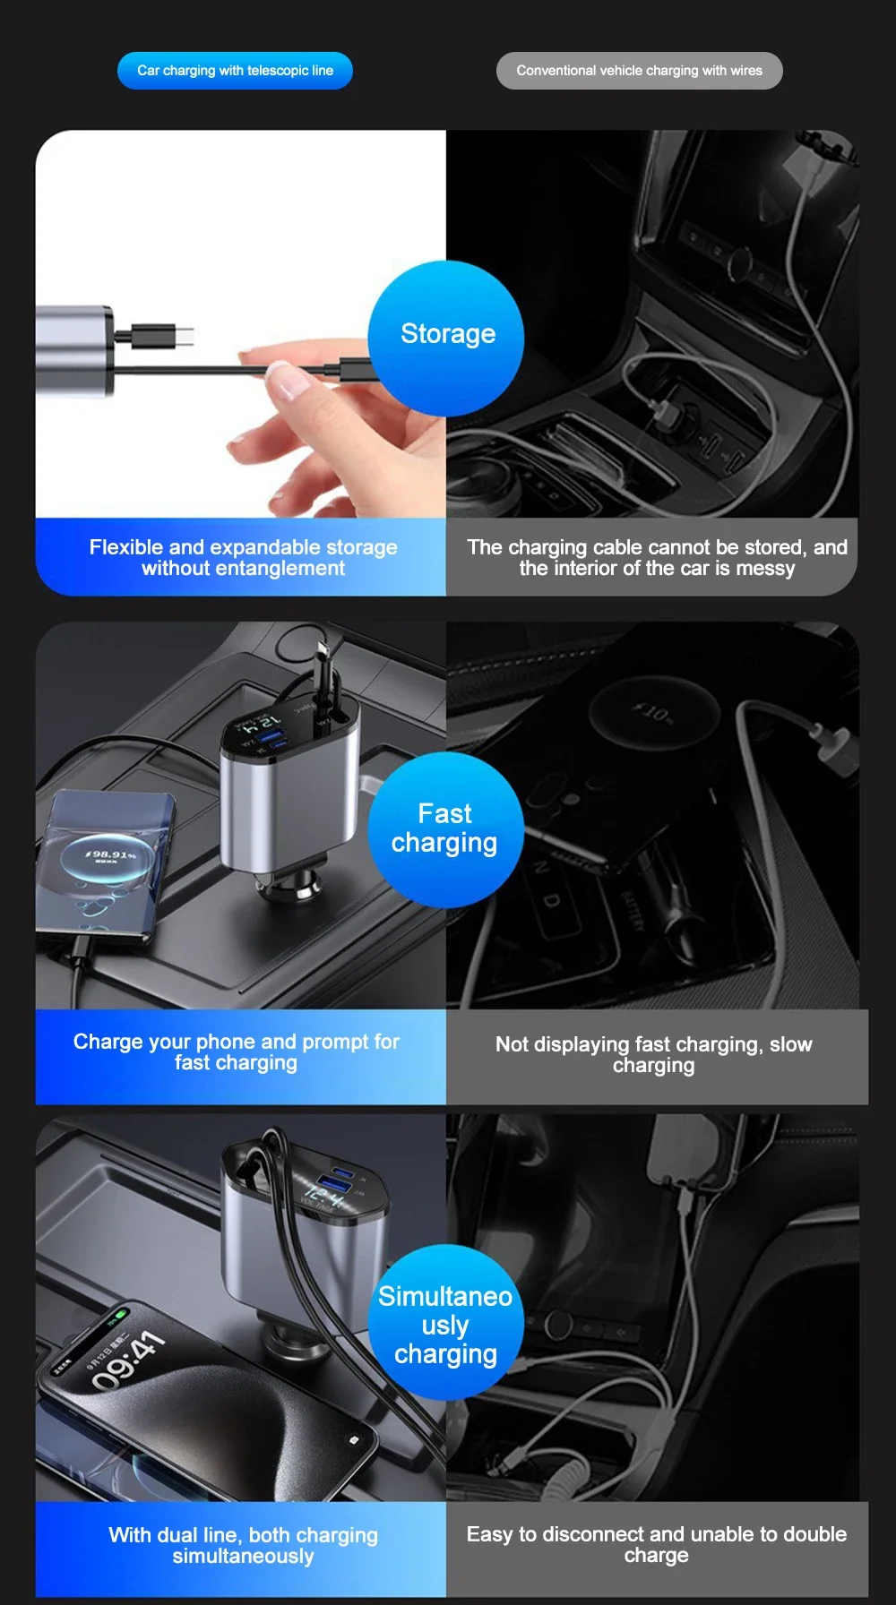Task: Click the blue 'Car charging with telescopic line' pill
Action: click(x=235, y=71)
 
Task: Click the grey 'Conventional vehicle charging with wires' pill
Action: click(x=639, y=71)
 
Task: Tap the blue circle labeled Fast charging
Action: click(x=445, y=828)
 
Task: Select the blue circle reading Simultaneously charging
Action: click(x=445, y=1324)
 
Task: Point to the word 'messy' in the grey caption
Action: click(x=765, y=569)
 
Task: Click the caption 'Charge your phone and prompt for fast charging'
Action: click(x=237, y=1052)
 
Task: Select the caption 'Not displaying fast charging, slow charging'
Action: click(x=654, y=1054)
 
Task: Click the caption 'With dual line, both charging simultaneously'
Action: click(x=243, y=1545)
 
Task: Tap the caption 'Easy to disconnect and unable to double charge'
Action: click(x=656, y=1544)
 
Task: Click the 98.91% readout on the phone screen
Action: click(x=111, y=854)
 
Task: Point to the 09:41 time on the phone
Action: click(x=128, y=1360)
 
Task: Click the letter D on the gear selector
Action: click(x=552, y=900)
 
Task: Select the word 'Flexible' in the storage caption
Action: click(x=126, y=547)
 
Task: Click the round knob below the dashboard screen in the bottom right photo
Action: click(x=558, y=1323)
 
